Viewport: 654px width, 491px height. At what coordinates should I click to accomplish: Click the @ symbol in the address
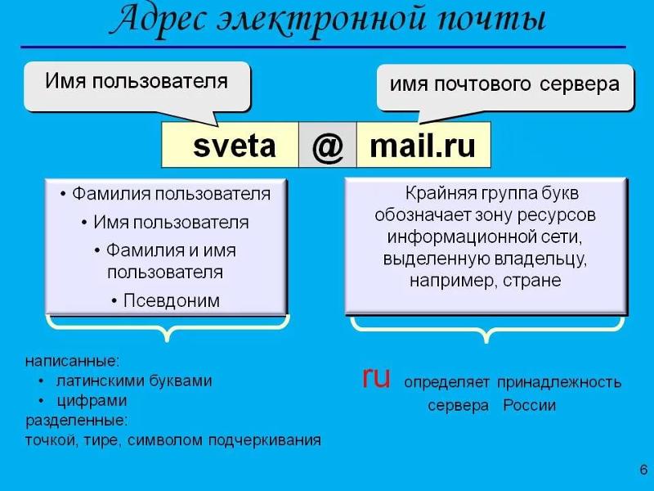tap(328, 147)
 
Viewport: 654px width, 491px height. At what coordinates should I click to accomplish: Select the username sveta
tap(235, 146)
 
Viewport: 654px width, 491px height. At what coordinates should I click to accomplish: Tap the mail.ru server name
tap(423, 146)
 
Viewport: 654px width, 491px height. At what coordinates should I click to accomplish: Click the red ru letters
tap(376, 377)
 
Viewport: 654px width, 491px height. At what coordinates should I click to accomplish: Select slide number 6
tap(643, 469)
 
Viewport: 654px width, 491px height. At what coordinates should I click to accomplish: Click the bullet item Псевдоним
tap(172, 300)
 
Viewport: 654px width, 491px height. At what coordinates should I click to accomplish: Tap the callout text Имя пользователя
tap(137, 81)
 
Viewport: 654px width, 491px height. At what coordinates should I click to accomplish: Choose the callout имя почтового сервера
tap(504, 84)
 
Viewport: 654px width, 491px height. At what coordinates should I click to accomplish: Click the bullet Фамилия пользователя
tap(171, 194)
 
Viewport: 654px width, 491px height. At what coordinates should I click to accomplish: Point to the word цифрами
tap(92, 401)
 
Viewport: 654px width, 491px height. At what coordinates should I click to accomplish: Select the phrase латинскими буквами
tap(134, 381)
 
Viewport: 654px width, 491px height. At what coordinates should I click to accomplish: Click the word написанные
tap(73, 361)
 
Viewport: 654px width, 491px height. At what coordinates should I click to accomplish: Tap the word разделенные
tap(77, 421)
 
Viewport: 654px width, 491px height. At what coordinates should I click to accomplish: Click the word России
tap(529, 405)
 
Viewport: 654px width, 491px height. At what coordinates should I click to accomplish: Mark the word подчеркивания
tap(264, 440)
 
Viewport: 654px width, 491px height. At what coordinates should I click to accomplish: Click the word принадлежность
tap(559, 382)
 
